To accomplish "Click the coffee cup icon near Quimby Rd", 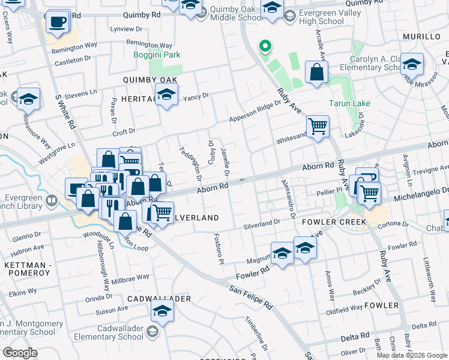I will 58,22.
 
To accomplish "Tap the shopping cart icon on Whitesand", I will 317,127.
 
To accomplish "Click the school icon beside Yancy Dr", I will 166,94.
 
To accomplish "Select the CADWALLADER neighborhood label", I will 158,299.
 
